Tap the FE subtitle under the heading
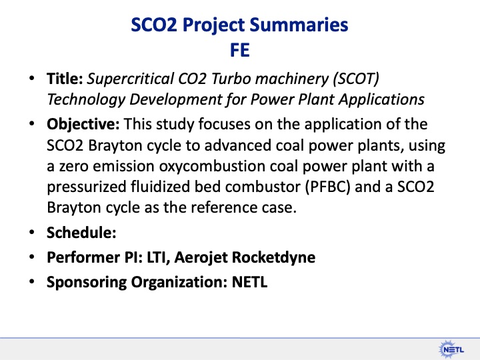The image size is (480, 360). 240,49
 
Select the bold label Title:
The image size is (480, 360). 65,79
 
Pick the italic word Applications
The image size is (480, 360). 381,99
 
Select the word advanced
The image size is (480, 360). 220,145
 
